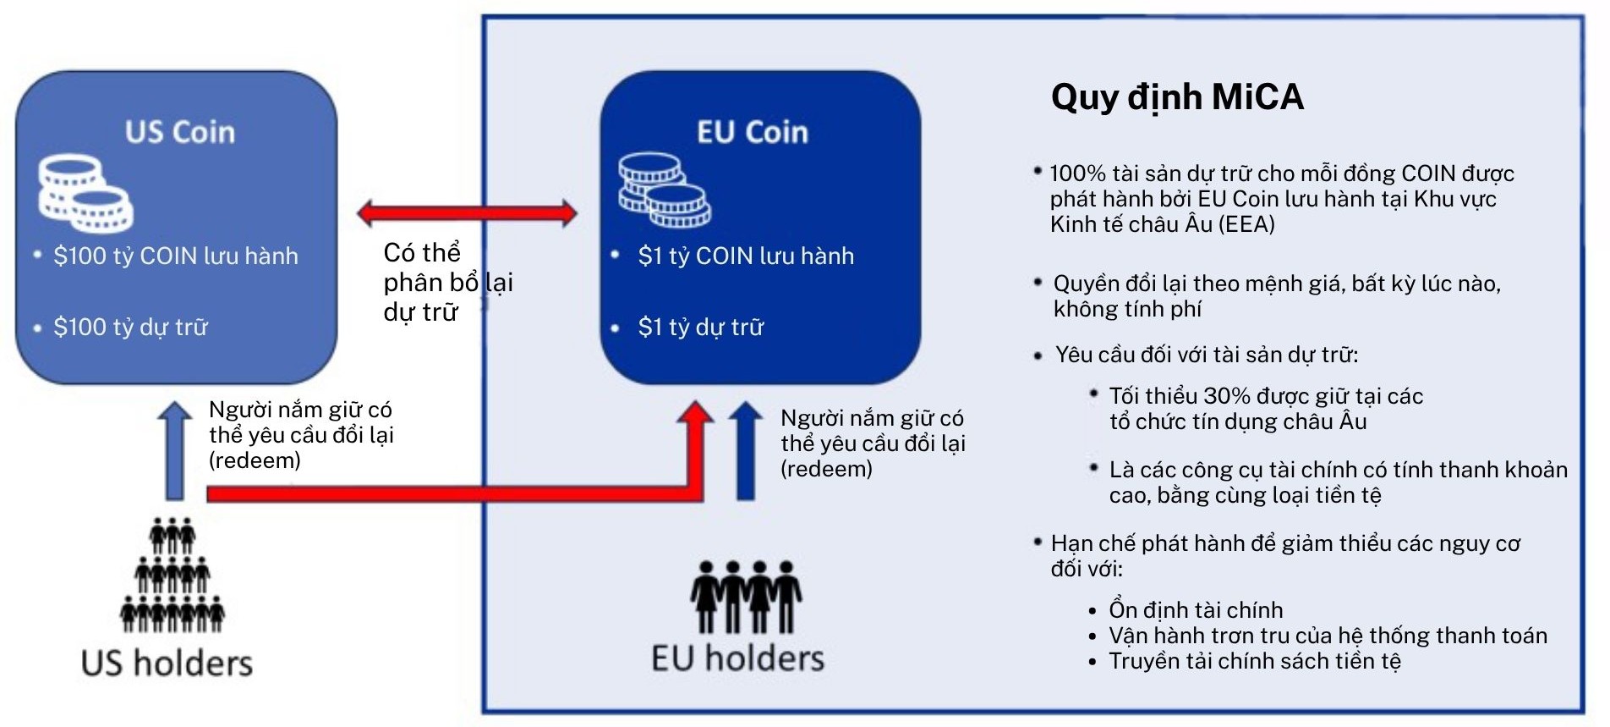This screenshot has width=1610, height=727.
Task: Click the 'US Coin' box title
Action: pyautogui.click(x=180, y=132)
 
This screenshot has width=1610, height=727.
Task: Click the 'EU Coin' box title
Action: pyautogui.click(x=753, y=132)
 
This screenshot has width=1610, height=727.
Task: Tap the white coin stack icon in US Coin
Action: pyautogui.click(x=85, y=195)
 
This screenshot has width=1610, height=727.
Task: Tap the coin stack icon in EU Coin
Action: pyautogui.click(x=665, y=190)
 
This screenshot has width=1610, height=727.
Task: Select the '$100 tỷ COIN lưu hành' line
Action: pyautogui.click(x=176, y=256)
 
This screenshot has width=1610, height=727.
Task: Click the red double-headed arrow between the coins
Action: pyautogui.click(x=468, y=212)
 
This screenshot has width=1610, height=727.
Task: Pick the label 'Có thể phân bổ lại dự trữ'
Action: pyautogui.click(x=448, y=283)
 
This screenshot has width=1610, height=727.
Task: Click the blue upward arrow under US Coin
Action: pyautogui.click(x=175, y=450)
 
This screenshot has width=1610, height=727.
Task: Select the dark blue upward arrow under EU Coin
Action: pyautogui.click(x=746, y=450)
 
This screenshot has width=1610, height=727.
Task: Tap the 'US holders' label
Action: pyautogui.click(x=167, y=663)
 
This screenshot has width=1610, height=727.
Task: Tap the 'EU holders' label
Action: pyautogui.click(x=737, y=658)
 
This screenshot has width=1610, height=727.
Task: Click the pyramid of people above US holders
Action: pyautogui.click(x=172, y=576)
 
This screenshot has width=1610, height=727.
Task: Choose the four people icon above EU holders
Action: pyautogui.click(x=746, y=597)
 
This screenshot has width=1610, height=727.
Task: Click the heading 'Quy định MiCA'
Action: pyautogui.click(x=1177, y=97)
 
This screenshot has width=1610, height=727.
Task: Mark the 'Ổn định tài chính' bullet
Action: pyautogui.click(x=1196, y=610)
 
